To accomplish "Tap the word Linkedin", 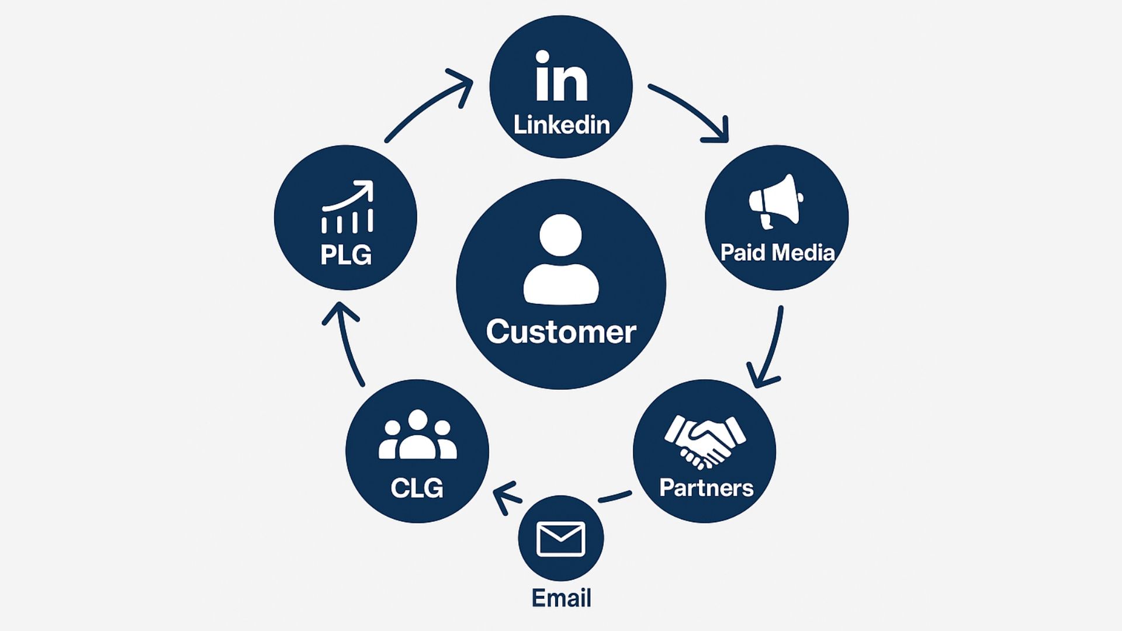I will click(x=561, y=125).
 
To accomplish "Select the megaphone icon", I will click(x=776, y=200).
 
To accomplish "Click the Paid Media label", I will click(x=777, y=252).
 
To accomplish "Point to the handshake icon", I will click(x=705, y=441).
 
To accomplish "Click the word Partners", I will click(x=706, y=488).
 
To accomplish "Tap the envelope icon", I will click(x=560, y=538).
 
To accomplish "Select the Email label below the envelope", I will click(x=561, y=598).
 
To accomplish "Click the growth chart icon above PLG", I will click(x=347, y=207).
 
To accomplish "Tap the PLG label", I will click(x=345, y=255).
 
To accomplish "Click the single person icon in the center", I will click(x=561, y=260).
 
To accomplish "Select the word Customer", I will click(x=561, y=332).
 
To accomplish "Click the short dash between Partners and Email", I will click(x=615, y=497).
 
